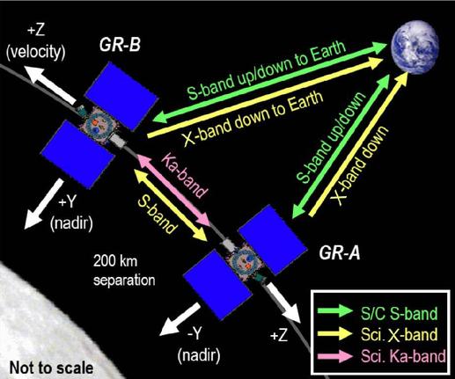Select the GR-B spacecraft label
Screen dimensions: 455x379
(120, 45)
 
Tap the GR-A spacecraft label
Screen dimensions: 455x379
(340, 253)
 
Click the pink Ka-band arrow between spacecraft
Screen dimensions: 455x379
(173, 191)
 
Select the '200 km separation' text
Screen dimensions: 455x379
(124, 270)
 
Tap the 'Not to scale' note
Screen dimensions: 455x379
(52, 368)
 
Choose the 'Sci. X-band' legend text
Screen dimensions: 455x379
(400, 334)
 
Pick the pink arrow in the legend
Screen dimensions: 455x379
(335, 356)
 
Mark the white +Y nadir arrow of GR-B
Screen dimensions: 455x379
(43, 204)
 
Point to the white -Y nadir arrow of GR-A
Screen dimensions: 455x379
(180, 318)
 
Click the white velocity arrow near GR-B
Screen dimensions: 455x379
(50, 84)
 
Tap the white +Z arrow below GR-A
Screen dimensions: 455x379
(283, 302)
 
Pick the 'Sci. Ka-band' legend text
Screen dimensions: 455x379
(403, 356)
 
